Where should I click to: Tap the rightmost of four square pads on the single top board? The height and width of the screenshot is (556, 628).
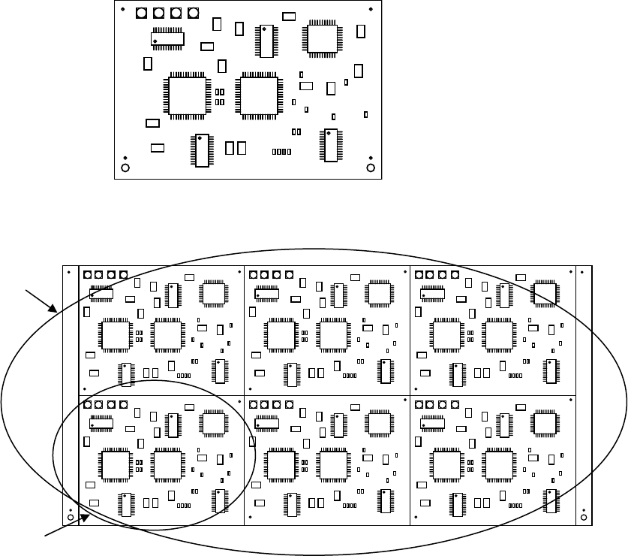pos(194,14)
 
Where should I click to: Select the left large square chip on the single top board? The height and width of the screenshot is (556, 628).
pos(190,95)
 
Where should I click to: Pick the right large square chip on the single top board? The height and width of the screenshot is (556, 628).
pos(259,95)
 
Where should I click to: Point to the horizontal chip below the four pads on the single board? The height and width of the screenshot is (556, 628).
pos(168,38)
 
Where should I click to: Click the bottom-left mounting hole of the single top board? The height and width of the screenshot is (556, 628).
pos(125,167)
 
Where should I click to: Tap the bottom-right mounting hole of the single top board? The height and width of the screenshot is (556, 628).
pos(371,167)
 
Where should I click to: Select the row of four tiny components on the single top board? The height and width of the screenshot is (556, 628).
pos(281,152)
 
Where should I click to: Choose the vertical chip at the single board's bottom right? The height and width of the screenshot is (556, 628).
pos(330,145)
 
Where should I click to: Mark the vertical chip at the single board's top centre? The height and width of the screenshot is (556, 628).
pos(266,41)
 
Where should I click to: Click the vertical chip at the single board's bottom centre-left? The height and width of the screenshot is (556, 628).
pos(201,150)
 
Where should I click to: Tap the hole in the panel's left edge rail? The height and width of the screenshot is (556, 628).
pos(70,517)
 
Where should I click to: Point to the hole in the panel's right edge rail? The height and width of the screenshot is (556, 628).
pos(584,517)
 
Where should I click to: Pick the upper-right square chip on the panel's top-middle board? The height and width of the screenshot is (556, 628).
pos(379,292)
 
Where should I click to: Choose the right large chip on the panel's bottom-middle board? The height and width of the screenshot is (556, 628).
pos(332,463)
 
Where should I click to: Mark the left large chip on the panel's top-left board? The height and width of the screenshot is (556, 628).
pos(116,334)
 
